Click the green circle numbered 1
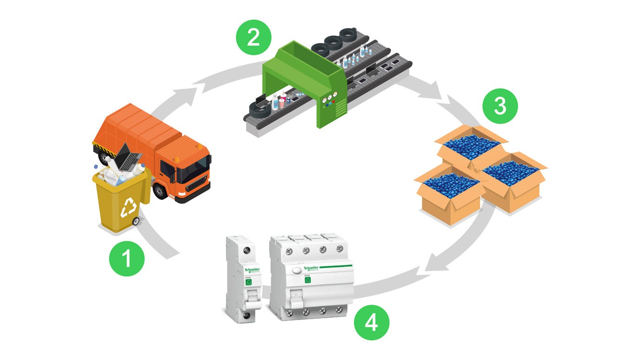(x=126, y=259)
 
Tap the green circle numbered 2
(x=253, y=37)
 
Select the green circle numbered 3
(x=500, y=106)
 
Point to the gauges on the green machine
(x=330, y=97)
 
